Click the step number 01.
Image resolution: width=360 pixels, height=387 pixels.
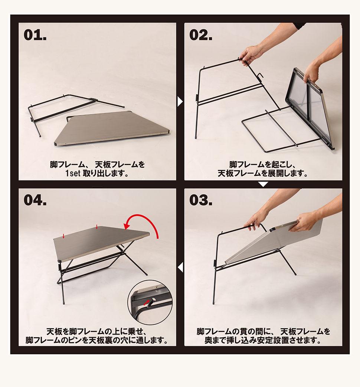click(35, 35)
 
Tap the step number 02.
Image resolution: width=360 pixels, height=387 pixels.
click(201, 35)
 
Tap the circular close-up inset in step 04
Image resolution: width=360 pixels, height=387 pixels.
click(150, 302)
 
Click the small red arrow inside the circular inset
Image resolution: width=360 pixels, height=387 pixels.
click(147, 302)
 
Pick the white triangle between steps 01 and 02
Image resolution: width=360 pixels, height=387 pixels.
click(180, 101)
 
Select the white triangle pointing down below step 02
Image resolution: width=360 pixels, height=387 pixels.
click(263, 184)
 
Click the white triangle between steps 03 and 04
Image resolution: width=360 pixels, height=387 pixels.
click(180, 267)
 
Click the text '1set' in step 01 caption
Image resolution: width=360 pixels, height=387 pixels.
click(73, 173)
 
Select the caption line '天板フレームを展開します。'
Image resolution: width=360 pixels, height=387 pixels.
click(263, 173)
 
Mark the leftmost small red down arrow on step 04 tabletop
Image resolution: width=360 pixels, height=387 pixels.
click(63, 236)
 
